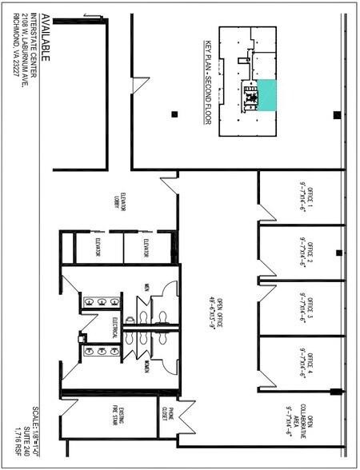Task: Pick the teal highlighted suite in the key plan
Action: [x=266, y=95]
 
